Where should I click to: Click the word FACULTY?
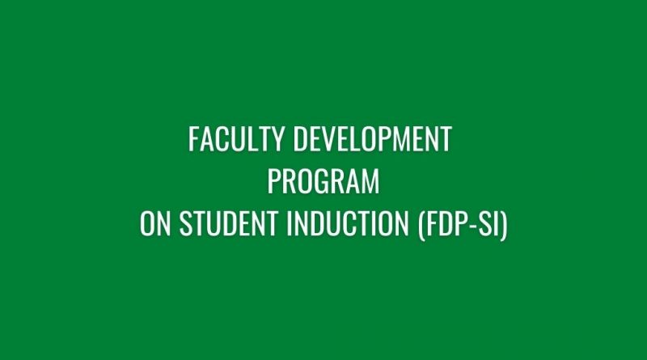click(x=235, y=139)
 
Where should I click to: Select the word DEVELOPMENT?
click(x=373, y=139)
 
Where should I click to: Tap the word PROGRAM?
click(x=323, y=181)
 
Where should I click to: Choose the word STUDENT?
click(x=228, y=223)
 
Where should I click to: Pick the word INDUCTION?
click(x=348, y=223)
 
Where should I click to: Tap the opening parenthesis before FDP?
click(x=421, y=225)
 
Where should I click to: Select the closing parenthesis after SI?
click(x=503, y=225)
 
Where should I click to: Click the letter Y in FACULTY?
click(x=277, y=139)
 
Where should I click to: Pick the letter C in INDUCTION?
click(x=353, y=223)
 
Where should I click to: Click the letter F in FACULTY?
click(x=194, y=139)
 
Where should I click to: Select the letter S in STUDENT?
click(x=186, y=223)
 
